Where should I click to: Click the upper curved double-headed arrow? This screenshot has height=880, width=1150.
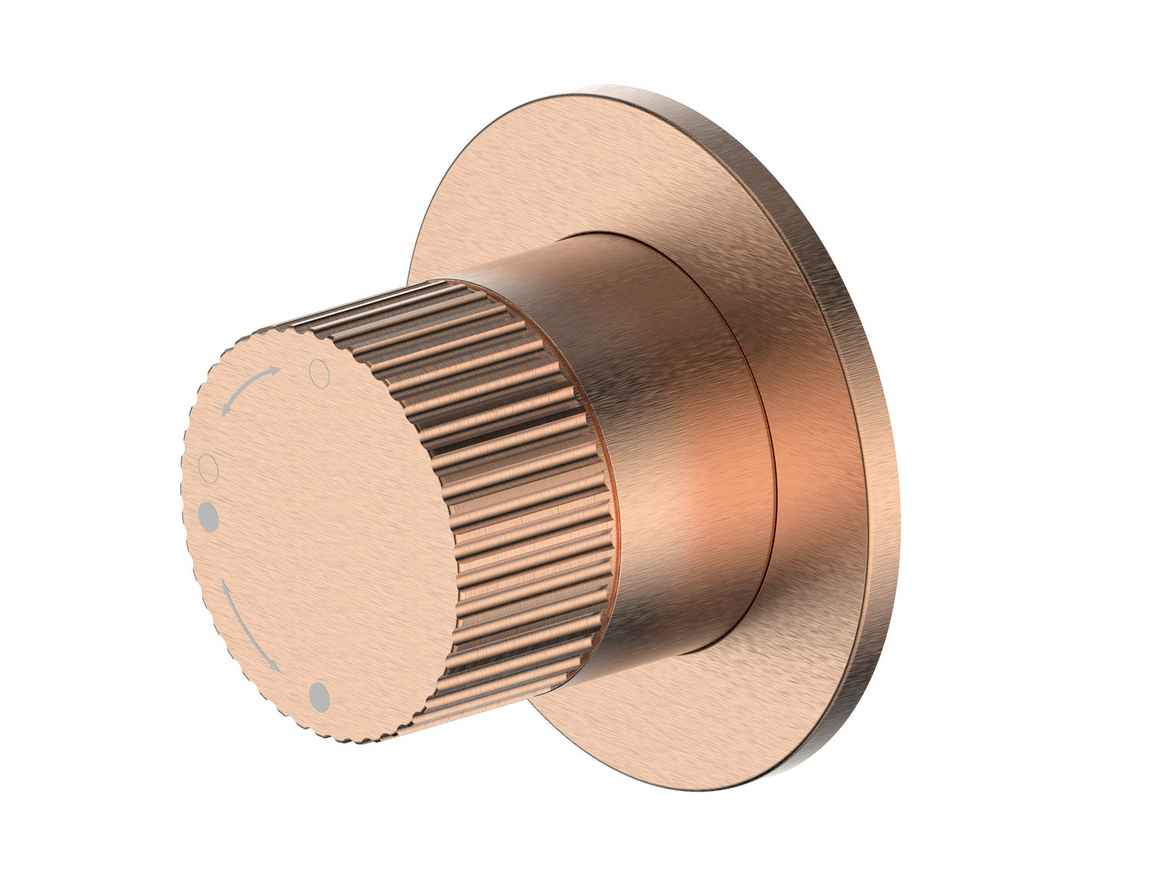click(248, 388)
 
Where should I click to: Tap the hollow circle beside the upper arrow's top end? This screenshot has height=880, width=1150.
click(318, 373)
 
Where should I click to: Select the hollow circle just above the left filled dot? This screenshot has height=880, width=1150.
click(208, 467)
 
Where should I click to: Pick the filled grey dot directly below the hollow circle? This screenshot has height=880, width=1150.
click(208, 516)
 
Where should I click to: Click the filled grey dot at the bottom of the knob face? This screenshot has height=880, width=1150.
click(319, 697)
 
